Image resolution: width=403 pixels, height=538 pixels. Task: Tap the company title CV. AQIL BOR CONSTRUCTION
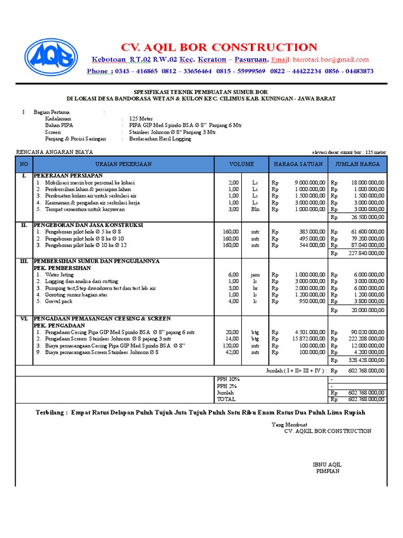(219, 47)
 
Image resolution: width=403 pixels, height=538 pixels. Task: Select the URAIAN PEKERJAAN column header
(123, 164)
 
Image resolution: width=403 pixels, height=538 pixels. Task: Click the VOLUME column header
(241, 164)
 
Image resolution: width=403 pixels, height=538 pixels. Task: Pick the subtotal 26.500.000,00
(366, 217)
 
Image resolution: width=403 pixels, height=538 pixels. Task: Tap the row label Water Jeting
(59, 274)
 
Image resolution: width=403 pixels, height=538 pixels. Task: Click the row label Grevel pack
(59, 302)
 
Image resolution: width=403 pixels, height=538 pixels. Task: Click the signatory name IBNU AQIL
(327, 464)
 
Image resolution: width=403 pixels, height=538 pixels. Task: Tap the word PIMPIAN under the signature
(327, 471)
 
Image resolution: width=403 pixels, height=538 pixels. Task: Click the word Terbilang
(51, 413)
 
